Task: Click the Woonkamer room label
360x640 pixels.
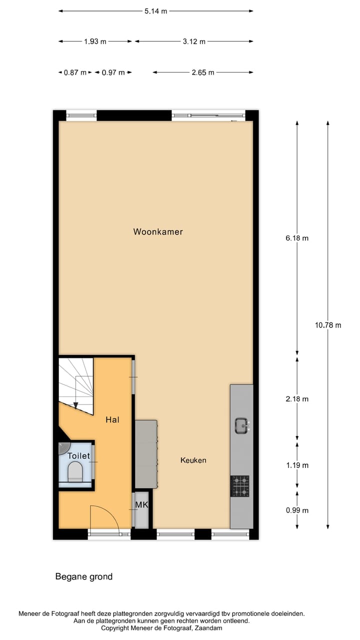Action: coord(158,232)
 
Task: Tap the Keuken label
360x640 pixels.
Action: coord(193,460)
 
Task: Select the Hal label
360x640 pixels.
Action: coord(112,420)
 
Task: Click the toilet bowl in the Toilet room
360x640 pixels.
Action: coord(75,471)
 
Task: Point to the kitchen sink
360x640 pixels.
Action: coord(241,425)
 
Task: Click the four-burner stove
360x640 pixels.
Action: coord(239,486)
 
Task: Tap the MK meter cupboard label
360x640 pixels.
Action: coord(141,505)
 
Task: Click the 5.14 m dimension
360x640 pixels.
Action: coord(155,11)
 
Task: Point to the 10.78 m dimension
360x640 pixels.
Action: coord(328,325)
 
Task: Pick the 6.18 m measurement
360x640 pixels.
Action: coord(297,238)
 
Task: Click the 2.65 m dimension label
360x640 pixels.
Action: coord(203,72)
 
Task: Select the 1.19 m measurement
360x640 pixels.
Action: coord(297,465)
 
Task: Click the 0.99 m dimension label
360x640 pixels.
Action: coord(297,510)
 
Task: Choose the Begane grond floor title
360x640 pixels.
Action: coord(84,576)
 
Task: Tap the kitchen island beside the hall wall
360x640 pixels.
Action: coord(146,454)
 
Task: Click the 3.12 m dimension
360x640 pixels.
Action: coord(194,41)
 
